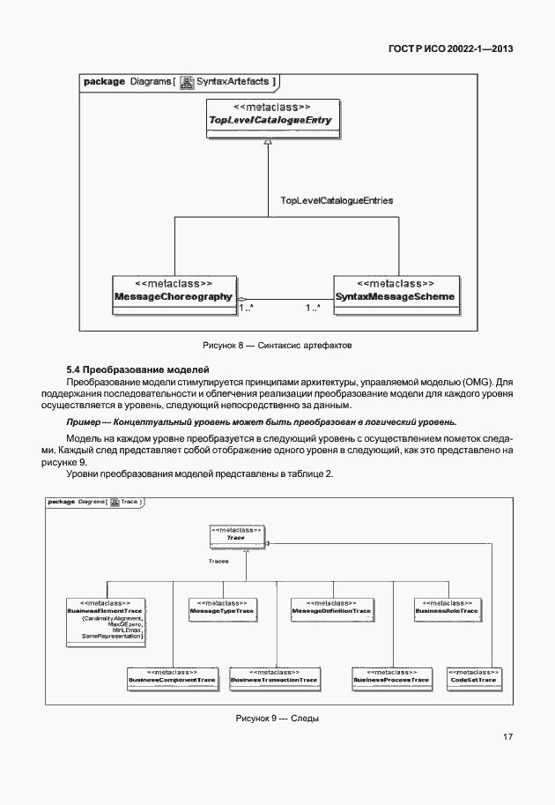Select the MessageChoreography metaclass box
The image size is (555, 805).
174,292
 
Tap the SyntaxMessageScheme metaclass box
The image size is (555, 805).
395,292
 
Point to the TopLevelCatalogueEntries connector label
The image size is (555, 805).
336,201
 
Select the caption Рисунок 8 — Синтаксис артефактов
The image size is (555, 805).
277,344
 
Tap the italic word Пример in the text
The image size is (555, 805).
85,422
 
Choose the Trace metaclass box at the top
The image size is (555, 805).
235,534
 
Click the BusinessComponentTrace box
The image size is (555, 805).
172,676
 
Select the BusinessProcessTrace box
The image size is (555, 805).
391,676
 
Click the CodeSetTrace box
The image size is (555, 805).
473,676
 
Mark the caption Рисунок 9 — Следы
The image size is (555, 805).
277,718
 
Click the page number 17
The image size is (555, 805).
508,737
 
